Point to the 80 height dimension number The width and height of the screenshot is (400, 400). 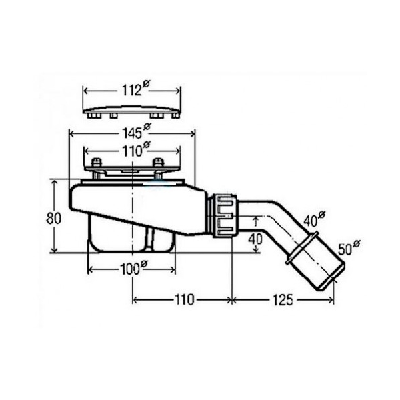[x=59, y=217]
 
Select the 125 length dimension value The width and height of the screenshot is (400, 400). [x=283, y=300]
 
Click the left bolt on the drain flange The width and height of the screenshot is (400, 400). [x=97, y=164]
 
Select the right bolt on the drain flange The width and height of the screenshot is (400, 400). [x=158, y=164]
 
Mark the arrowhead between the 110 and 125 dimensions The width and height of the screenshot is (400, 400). [x=231, y=300]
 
